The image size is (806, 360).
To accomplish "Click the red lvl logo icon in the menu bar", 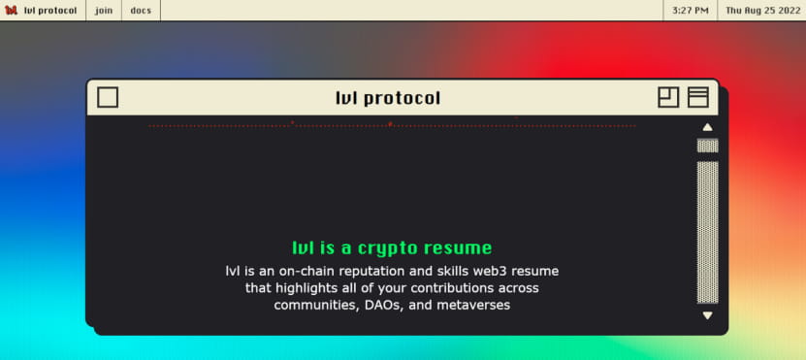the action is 11,11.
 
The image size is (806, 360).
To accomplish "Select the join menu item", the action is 104,11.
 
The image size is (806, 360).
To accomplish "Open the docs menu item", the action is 141,11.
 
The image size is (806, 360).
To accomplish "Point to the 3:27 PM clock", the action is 691,11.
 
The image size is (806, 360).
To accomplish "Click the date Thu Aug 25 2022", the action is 762,11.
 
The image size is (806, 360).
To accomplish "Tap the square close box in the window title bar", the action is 108,97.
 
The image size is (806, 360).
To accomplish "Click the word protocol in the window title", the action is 402,98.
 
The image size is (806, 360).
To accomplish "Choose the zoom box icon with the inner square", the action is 668,97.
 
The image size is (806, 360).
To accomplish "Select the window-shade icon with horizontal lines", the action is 698,97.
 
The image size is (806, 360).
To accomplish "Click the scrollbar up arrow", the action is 708,127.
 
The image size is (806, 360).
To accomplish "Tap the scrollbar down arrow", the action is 708,315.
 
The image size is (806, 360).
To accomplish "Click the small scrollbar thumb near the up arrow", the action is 708,146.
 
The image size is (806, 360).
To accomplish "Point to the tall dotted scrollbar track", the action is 708,233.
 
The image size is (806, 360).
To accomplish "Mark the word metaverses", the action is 473,305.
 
